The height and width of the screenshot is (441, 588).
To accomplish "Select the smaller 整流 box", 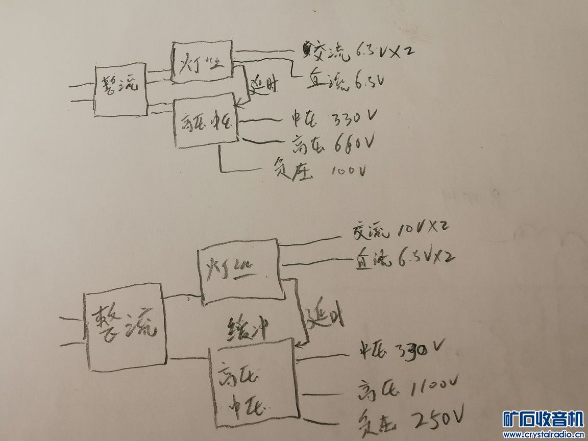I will [x=120, y=89].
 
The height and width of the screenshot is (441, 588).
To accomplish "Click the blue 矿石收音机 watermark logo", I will [x=543, y=420].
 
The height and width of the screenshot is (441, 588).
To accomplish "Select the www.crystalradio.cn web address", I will [x=543, y=435].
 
